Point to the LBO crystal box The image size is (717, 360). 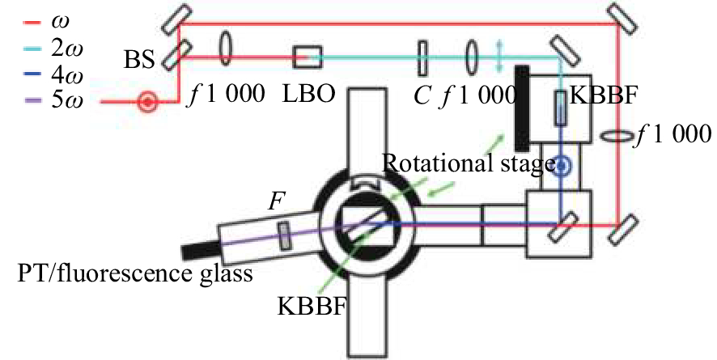coord(308,57)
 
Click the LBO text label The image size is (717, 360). coord(306,92)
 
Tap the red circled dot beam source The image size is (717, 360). coord(148,103)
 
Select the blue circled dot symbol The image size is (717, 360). coord(560,167)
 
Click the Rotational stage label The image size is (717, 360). coord(468,164)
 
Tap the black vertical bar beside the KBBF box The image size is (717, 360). coord(522,104)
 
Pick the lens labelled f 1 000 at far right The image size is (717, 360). coord(617,135)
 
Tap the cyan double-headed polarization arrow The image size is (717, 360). coord(499,57)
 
